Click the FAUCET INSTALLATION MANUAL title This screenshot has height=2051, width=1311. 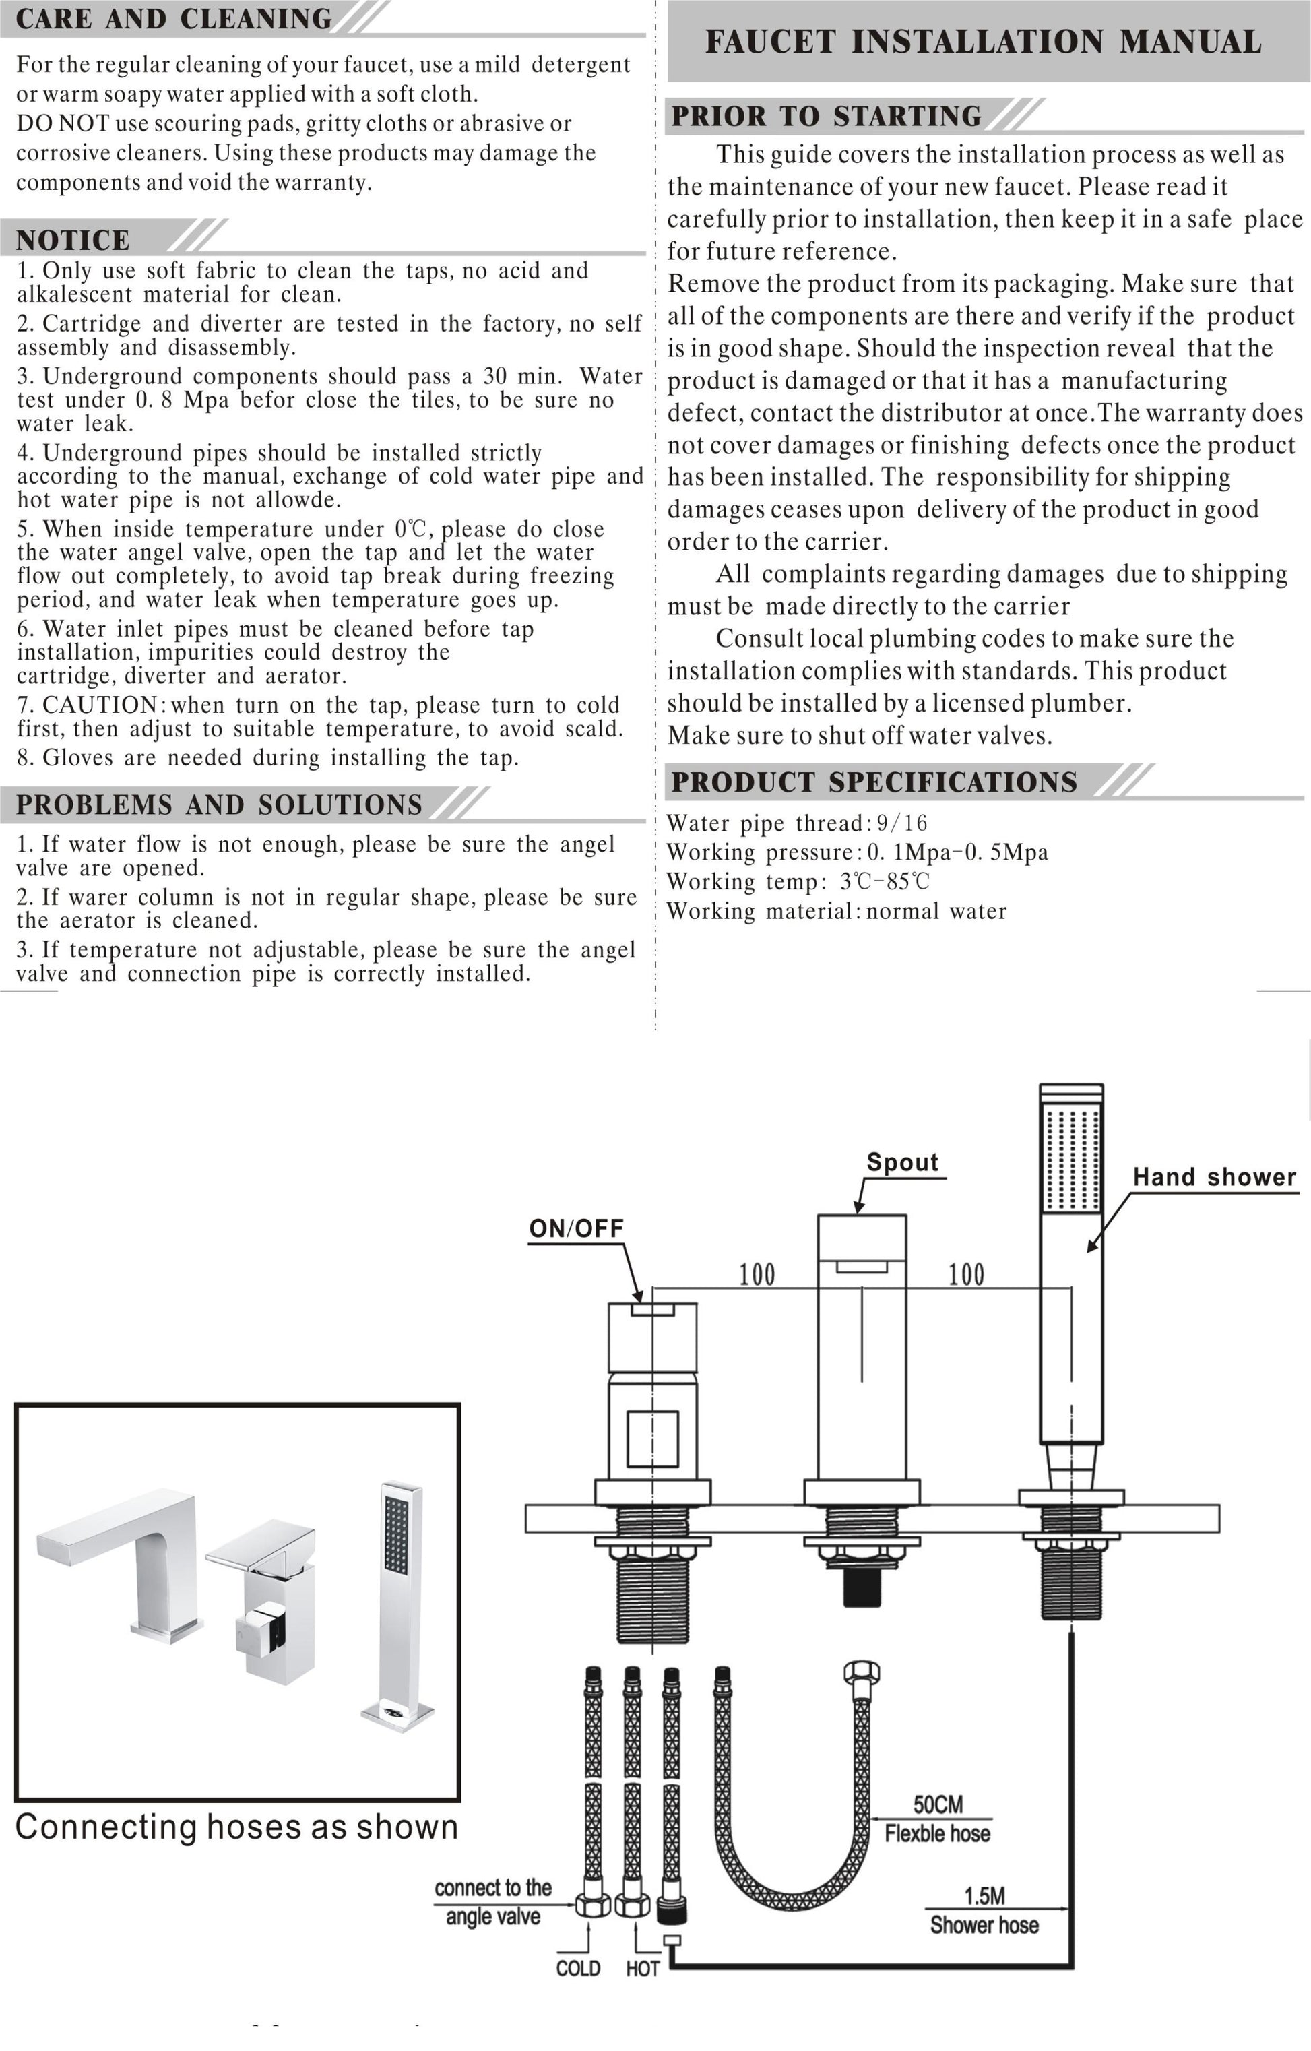tap(983, 42)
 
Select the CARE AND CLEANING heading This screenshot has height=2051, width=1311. tap(174, 19)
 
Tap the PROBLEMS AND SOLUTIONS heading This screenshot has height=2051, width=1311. tap(219, 805)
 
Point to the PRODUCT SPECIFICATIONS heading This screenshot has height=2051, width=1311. tap(874, 782)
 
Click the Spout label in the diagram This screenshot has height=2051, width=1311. tap(902, 1163)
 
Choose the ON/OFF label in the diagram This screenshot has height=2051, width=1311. tap(576, 1228)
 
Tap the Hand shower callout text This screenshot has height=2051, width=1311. tap(1214, 1177)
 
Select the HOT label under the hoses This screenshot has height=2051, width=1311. tap(642, 1968)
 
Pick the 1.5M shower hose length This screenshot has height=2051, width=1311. tap(984, 1896)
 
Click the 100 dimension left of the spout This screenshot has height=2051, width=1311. tap(757, 1275)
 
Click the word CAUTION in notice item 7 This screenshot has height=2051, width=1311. tap(100, 705)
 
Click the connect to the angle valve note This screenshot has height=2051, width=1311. tap(492, 1902)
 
